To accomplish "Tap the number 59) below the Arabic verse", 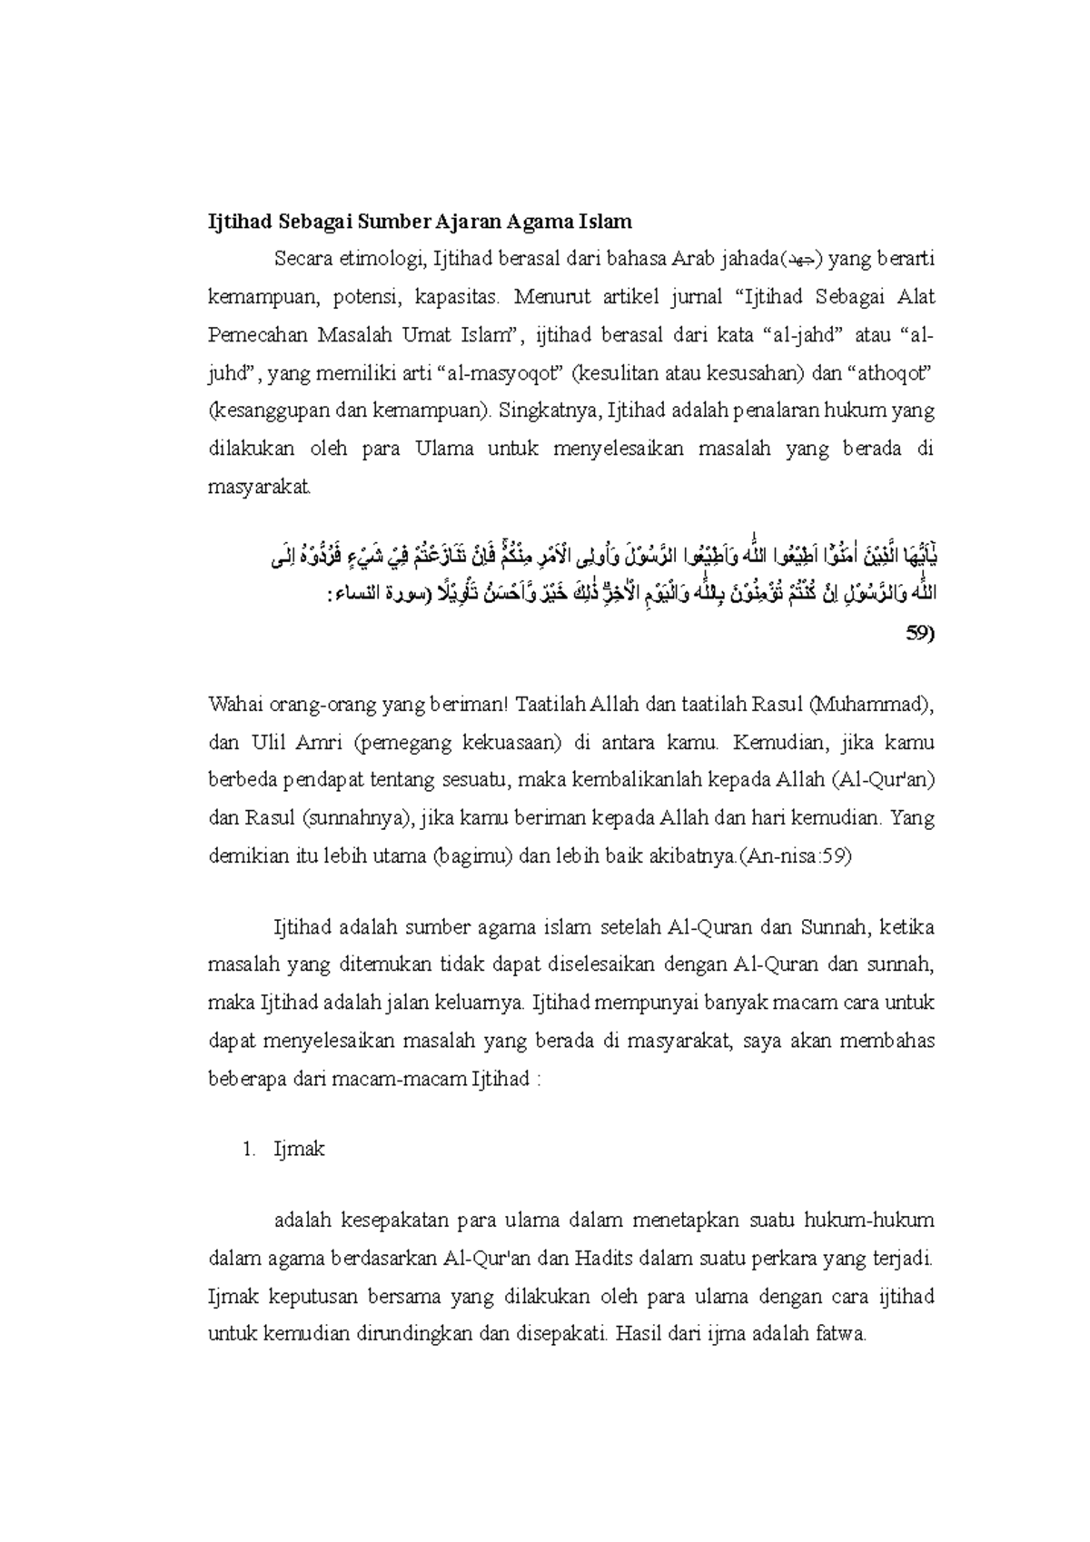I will (x=919, y=633).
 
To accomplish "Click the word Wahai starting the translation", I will (x=234, y=705).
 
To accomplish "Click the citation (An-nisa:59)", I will (x=795, y=855).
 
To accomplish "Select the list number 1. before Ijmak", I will (x=250, y=1150).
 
